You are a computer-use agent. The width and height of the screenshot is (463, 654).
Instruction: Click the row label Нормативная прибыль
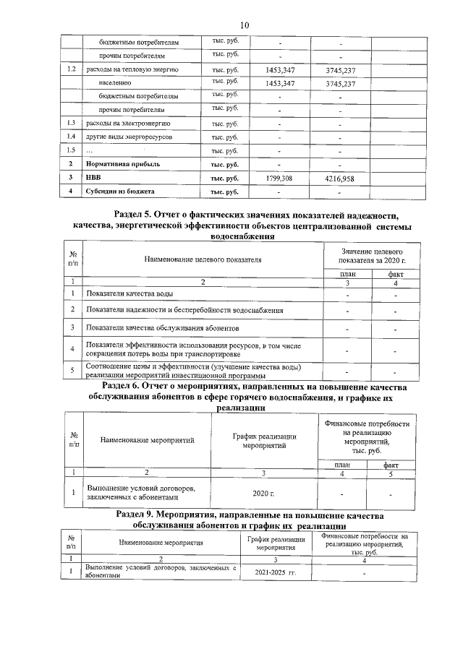point(120,164)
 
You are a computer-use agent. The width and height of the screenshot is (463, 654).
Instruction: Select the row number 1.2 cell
point(70,69)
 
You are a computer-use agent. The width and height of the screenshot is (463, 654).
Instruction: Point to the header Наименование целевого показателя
point(203,258)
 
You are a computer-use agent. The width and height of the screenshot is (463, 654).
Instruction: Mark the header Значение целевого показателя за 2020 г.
point(372,254)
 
